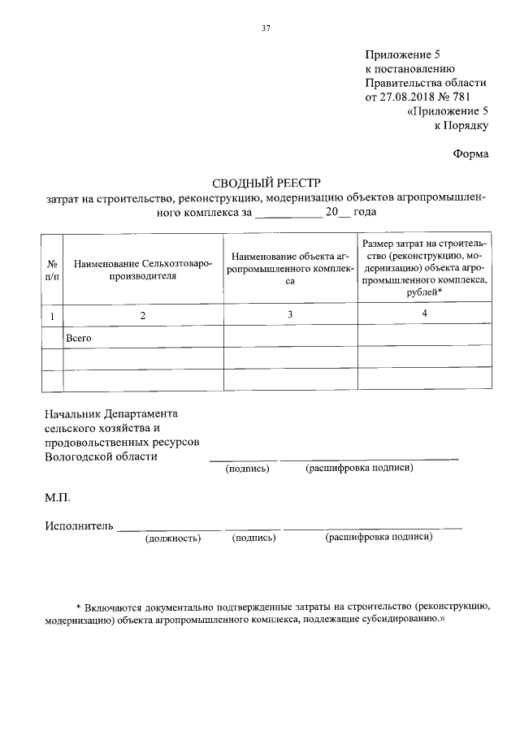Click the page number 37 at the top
tap(265, 28)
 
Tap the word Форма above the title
tap(470, 153)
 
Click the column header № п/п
tap(51, 271)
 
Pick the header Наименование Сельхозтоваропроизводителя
tap(142, 270)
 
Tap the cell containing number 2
tap(142, 316)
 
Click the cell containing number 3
tap(289, 315)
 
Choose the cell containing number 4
tap(425, 313)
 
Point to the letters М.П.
tap(58, 495)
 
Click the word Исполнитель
tap(80, 526)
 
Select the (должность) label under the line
tap(172, 538)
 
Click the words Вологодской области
tap(102, 456)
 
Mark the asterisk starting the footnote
tap(78, 607)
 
